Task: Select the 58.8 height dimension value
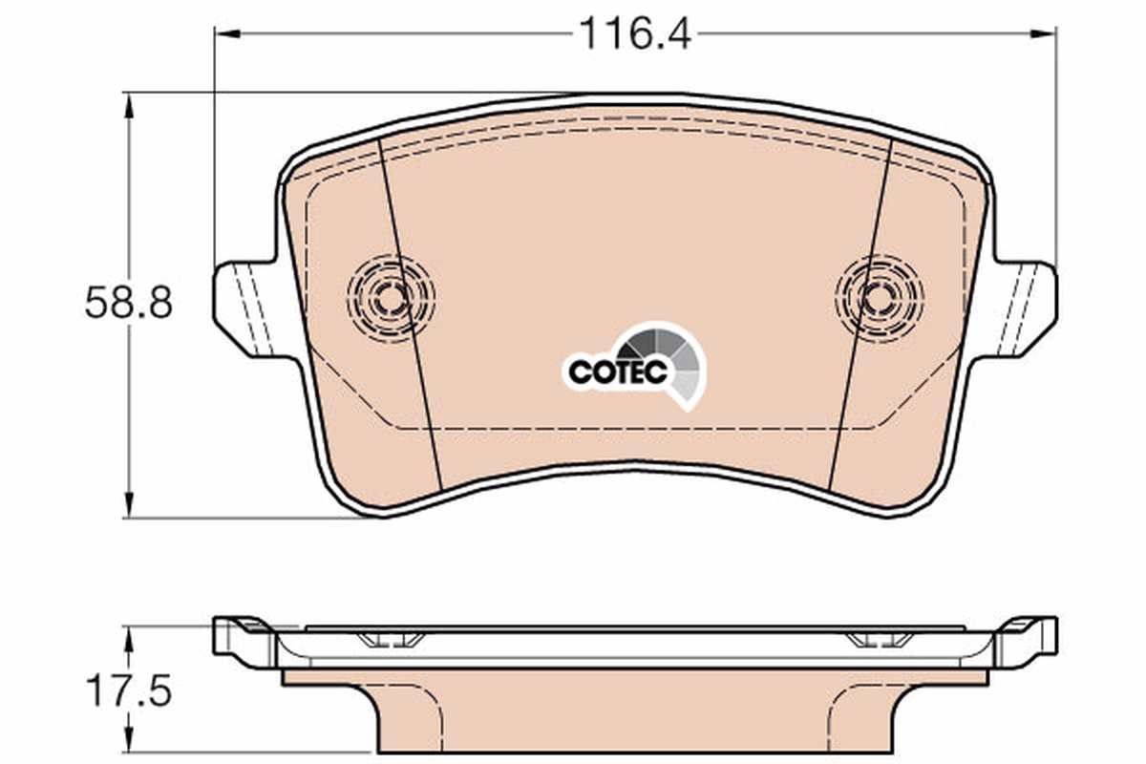128,304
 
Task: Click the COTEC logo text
617,372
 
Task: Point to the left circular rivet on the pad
391,298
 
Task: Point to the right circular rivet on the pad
879,298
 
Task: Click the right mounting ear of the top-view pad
1026,308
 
